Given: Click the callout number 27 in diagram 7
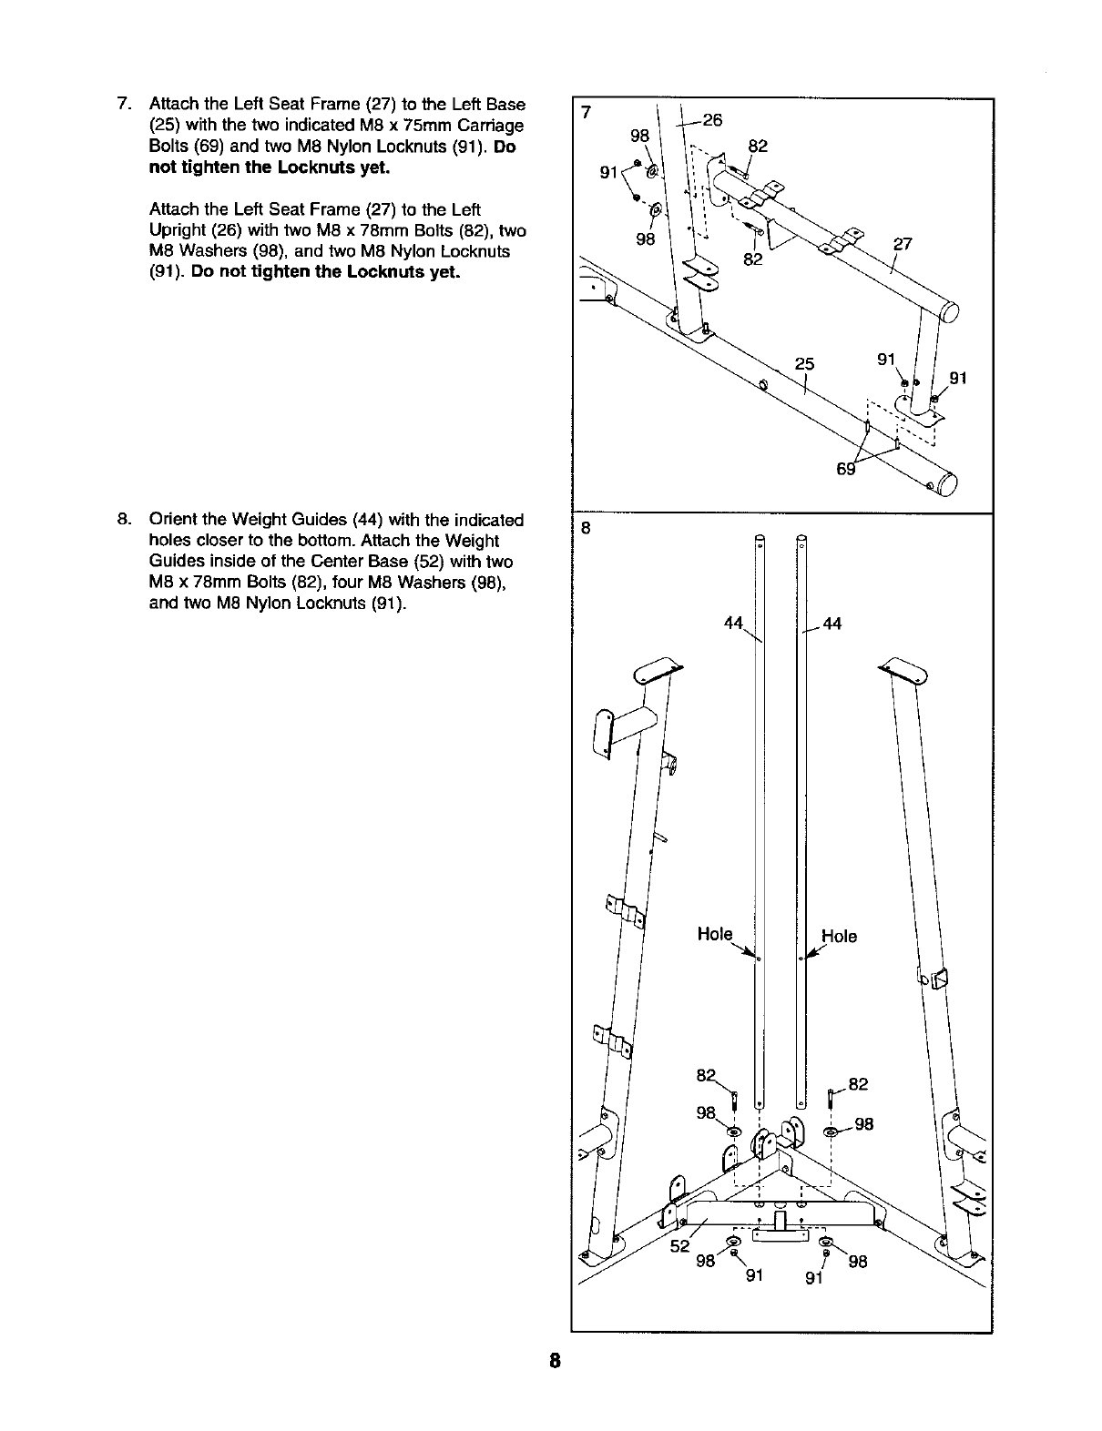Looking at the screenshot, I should click(903, 245).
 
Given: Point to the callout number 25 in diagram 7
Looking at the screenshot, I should click(803, 364).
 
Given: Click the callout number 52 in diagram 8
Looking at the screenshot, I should click(680, 1246).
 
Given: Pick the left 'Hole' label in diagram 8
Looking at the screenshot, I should click(714, 934).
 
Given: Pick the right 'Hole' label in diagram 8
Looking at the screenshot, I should click(839, 936).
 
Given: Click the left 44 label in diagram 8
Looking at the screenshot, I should click(734, 623).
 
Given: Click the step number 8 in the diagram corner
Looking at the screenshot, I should click(587, 529).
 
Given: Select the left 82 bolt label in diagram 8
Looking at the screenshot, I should click(705, 1075).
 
